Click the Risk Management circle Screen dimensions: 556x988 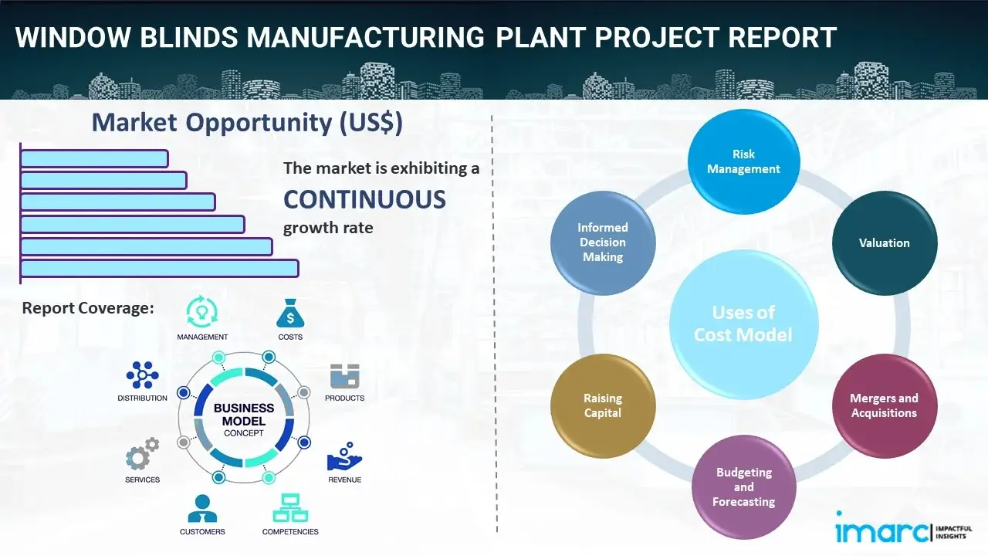743,161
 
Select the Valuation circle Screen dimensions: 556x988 884,242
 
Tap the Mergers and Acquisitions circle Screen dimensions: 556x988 884,405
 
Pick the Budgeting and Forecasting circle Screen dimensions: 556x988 743,486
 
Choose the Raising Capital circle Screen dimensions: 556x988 603,405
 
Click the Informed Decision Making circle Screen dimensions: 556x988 603,242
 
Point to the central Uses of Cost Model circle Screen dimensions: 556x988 743,324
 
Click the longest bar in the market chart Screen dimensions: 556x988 159,268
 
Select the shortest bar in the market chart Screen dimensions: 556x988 94,158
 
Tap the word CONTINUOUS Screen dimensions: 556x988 364,200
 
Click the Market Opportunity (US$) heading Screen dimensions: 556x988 247,123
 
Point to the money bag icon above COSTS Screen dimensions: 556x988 290,314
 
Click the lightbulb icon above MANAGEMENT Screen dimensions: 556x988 202,312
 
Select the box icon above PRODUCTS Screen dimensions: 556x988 344,377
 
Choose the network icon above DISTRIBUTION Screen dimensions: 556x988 142,375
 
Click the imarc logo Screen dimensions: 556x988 882,531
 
